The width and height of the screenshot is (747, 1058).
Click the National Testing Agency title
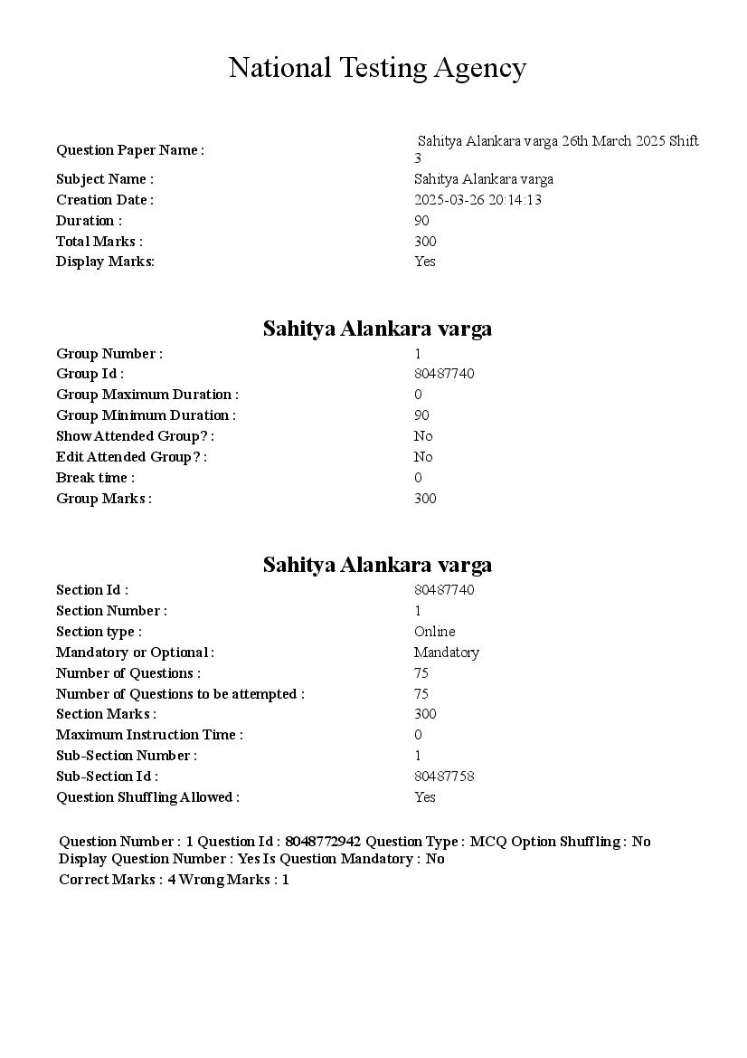377,68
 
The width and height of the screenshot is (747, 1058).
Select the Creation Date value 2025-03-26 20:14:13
478,200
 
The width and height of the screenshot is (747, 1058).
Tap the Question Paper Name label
130,150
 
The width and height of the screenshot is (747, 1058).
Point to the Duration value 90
421,221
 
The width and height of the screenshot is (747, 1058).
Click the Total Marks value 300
425,242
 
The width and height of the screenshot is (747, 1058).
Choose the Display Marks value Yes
425,262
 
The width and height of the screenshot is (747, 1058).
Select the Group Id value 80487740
444,374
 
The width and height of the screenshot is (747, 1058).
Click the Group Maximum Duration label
147,395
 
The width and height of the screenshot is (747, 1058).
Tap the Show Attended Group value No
423,436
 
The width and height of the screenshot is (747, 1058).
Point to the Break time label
95,478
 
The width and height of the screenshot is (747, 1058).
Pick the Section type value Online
435,632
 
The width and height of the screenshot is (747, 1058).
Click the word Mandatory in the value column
447,653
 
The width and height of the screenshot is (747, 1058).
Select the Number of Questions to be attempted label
180,694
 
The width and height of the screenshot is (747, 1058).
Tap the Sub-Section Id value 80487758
444,777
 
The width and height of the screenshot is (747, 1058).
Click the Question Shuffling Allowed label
147,797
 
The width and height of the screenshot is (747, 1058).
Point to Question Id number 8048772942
322,842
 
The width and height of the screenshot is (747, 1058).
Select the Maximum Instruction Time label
149,735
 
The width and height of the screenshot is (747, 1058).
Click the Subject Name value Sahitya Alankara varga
484,179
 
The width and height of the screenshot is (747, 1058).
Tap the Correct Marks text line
174,880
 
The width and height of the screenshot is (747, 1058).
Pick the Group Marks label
103,499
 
